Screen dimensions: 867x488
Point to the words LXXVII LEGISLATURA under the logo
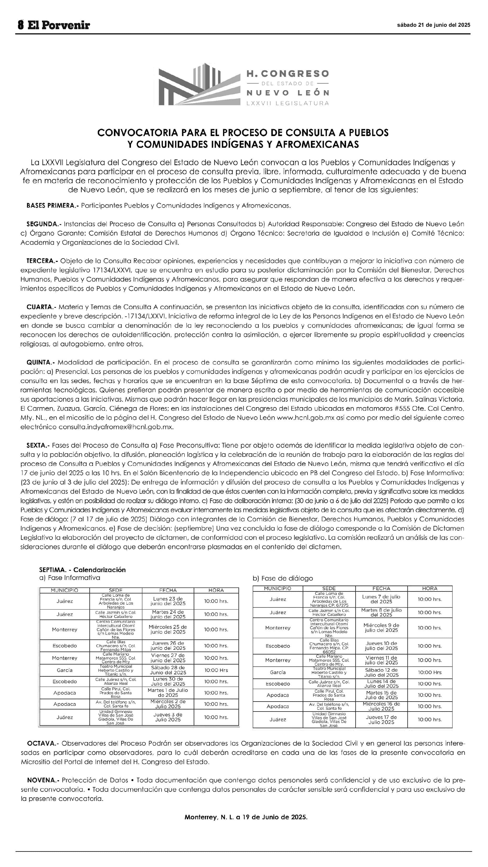tap(287, 103)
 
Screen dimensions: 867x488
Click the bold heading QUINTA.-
tap(41, 363)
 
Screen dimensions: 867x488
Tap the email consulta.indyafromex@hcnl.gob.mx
tap(116, 427)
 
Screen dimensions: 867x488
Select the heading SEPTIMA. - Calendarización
tap(82, 570)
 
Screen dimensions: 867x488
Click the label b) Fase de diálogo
tap(283, 578)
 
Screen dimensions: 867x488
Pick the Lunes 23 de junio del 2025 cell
tap(168, 601)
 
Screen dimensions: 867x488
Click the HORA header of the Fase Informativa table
tap(216, 590)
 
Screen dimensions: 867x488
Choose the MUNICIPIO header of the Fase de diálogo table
tap(278, 589)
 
